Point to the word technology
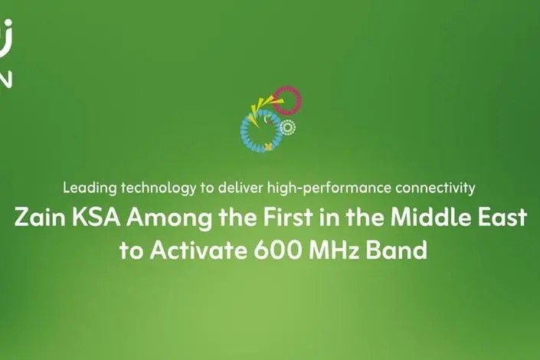pos(159,188)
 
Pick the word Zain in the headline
pos(40,218)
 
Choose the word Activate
pos(198,250)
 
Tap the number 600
pos(278,250)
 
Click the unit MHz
pos(334,250)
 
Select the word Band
pos(397,250)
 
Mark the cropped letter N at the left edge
pos(6,79)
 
